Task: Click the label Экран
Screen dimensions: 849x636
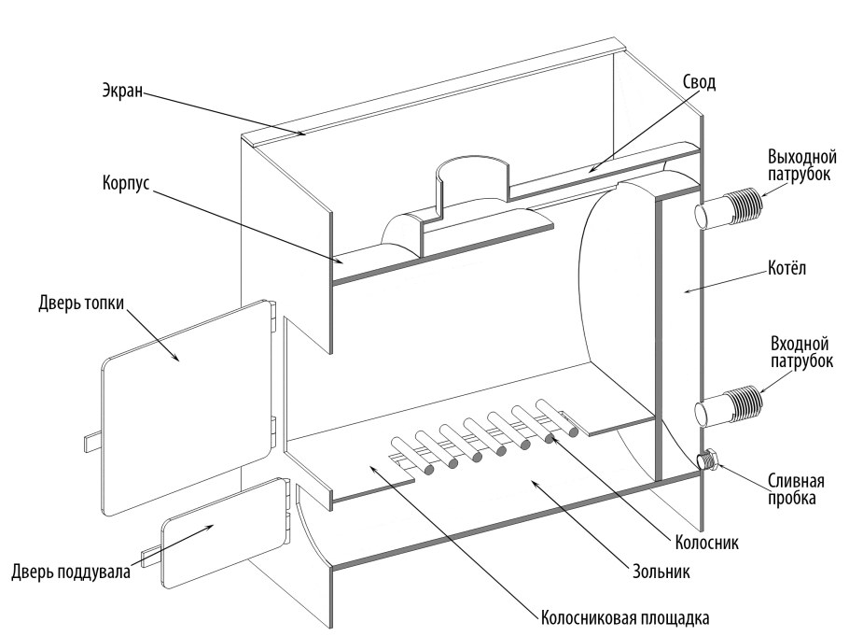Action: click(122, 90)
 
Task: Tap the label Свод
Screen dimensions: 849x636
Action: click(699, 82)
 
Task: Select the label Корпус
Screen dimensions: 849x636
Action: click(126, 183)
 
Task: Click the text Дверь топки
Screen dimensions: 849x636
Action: click(81, 303)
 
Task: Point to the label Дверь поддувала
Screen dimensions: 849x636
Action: click(71, 572)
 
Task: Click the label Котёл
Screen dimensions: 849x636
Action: click(786, 268)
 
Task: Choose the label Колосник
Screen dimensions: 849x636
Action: click(706, 543)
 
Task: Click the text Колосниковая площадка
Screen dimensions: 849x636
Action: click(625, 618)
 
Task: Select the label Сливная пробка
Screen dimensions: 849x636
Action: click(796, 489)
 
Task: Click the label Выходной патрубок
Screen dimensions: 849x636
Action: click(802, 166)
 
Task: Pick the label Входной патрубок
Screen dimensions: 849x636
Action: click(801, 352)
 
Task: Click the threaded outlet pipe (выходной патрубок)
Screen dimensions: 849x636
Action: click(729, 208)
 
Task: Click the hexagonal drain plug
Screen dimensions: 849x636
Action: click(708, 459)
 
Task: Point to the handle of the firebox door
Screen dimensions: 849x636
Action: click(93, 442)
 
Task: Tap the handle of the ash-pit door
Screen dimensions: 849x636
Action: click(150, 558)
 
